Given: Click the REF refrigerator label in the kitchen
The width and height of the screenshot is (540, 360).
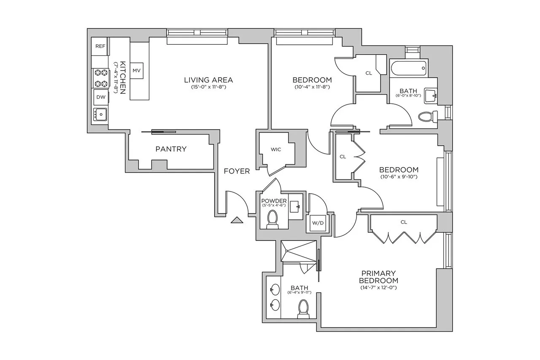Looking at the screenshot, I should tap(100, 46).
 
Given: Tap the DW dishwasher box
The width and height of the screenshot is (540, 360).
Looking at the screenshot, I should tap(101, 97).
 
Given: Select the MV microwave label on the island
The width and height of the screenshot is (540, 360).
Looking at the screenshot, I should tap(136, 70).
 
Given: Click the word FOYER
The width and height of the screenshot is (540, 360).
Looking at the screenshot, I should tap(237, 171).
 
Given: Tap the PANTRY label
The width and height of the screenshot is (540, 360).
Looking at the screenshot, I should tap(171, 149).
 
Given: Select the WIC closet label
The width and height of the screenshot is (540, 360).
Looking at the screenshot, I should tap(276, 149).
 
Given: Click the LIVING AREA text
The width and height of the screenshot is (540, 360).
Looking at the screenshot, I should tap(208, 80).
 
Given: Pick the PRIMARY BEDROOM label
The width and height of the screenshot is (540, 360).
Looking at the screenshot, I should tap(378, 277).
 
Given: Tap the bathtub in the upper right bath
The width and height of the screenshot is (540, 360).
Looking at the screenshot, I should tap(409, 68).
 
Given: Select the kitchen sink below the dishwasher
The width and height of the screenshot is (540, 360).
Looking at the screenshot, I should tap(100, 114).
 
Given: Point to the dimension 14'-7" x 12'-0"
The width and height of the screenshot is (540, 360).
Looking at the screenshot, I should tap(378, 288).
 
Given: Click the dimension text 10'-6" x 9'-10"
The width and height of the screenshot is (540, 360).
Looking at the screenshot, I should tap(399, 177).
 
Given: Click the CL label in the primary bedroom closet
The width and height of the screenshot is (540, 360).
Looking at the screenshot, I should tap(404, 222).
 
